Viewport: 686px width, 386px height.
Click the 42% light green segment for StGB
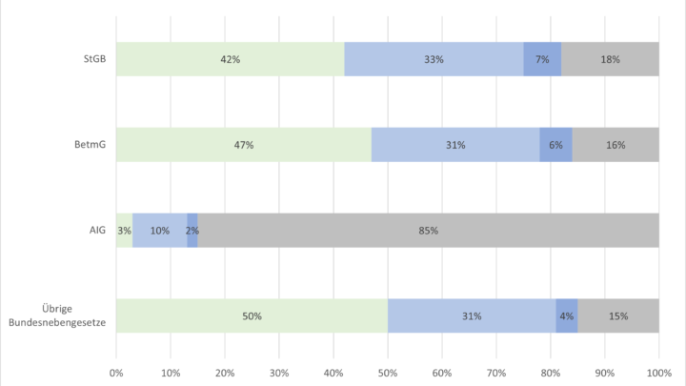point(230,59)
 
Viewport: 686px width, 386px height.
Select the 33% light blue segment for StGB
point(434,59)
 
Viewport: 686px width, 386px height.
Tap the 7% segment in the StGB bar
point(542,59)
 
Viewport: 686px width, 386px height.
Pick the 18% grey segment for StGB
point(610,59)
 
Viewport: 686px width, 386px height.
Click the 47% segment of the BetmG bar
point(243,145)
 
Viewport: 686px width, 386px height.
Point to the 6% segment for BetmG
point(556,145)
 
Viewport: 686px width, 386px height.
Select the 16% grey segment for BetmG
point(615,145)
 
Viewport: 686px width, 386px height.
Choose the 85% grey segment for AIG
point(429,230)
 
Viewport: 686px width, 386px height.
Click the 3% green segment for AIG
point(124,230)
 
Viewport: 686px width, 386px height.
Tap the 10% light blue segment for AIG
point(159,230)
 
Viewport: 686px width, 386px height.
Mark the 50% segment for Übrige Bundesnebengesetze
point(252,315)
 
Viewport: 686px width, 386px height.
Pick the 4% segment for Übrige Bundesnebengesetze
point(567,315)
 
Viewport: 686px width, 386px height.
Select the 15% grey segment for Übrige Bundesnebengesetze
point(618,315)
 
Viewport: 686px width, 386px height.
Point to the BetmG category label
point(91,145)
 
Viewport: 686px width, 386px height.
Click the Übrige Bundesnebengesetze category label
point(60,315)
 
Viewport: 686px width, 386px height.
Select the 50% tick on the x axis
point(388,372)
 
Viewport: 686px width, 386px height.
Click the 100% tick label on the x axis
point(658,372)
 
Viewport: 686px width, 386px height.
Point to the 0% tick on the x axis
point(116,372)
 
